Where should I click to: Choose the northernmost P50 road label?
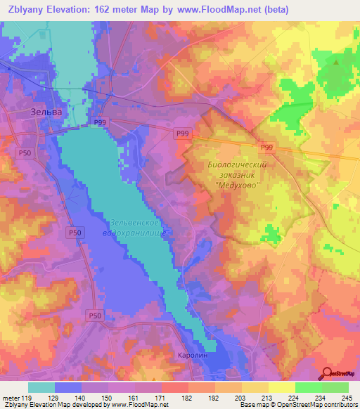click(x=26, y=152)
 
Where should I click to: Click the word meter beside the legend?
click(x=11, y=397)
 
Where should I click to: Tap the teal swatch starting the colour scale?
click(x=41, y=387)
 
